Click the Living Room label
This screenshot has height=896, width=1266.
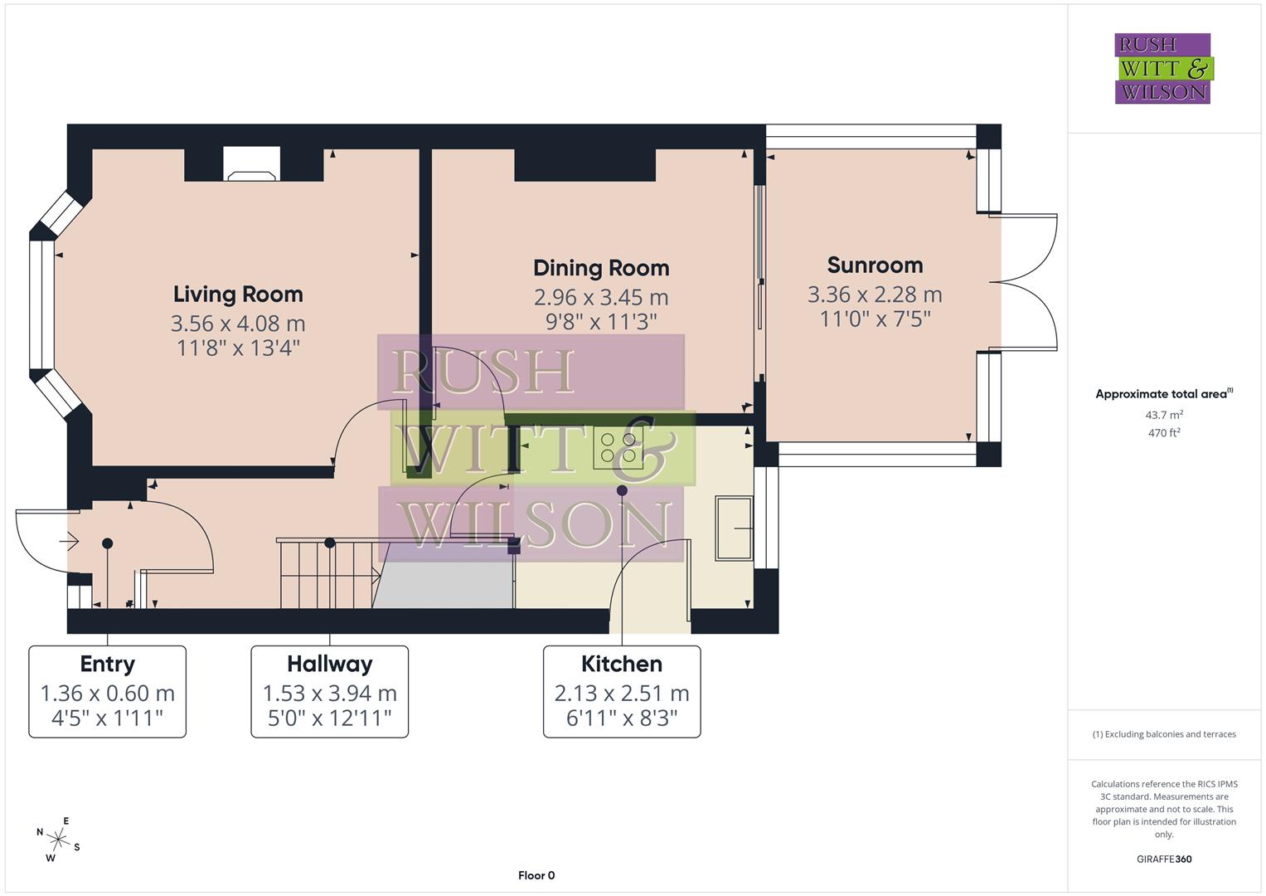pos(238,295)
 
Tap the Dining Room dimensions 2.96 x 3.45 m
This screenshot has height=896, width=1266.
pos(601,297)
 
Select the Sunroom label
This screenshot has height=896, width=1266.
pos(875,265)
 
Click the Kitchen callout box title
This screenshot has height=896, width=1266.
pos(621,664)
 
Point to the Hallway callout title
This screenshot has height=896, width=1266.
pos(329,664)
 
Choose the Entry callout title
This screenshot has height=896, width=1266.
pos(107,664)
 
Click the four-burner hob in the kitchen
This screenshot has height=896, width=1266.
pos(618,448)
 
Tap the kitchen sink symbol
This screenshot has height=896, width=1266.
pos(734,528)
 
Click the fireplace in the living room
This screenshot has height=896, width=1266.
pos(252,165)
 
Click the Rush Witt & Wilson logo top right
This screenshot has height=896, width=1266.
pos(1162,69)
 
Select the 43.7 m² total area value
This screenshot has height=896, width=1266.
pos(1163,415)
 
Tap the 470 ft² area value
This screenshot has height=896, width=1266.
pos(1163,433)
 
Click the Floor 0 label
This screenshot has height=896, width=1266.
pos(536,875)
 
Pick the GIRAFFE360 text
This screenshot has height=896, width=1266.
pos(1163,859)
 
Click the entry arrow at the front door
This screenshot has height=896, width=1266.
pos(69,543)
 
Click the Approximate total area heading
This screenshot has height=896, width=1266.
pos(1163,394)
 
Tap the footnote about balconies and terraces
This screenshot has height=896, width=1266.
pos(1163,734)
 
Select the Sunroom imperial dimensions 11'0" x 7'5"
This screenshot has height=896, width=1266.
pos(875,319)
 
